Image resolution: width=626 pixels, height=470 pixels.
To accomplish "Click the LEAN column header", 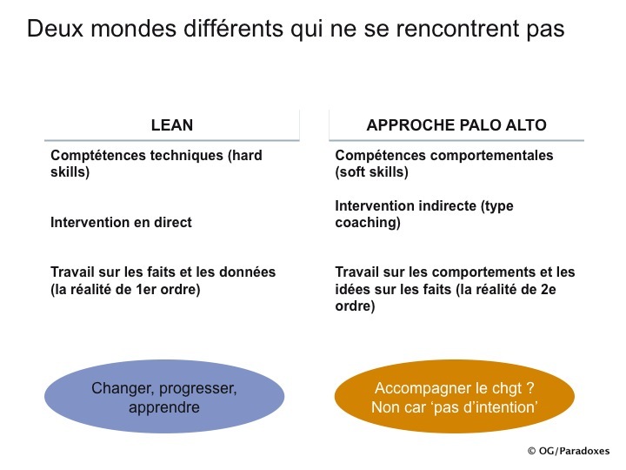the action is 172,125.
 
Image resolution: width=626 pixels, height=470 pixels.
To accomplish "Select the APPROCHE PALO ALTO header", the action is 456,125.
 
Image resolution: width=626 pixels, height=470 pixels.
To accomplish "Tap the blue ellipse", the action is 164,396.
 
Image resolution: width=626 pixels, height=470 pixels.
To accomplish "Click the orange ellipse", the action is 455,396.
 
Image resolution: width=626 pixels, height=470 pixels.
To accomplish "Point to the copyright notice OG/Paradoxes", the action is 569,451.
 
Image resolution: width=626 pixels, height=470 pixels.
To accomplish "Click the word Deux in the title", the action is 55,29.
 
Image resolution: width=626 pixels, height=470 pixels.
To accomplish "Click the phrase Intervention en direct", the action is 121,222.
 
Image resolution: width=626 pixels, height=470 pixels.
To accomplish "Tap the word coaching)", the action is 368,223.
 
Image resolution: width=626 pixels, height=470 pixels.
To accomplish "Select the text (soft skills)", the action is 372,172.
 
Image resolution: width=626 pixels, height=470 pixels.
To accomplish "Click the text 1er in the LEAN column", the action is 146,289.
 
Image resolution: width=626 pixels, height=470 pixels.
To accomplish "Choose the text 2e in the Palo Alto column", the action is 548,289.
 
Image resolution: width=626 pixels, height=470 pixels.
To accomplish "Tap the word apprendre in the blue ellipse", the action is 164,407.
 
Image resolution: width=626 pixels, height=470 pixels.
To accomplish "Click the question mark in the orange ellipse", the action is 529,387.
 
